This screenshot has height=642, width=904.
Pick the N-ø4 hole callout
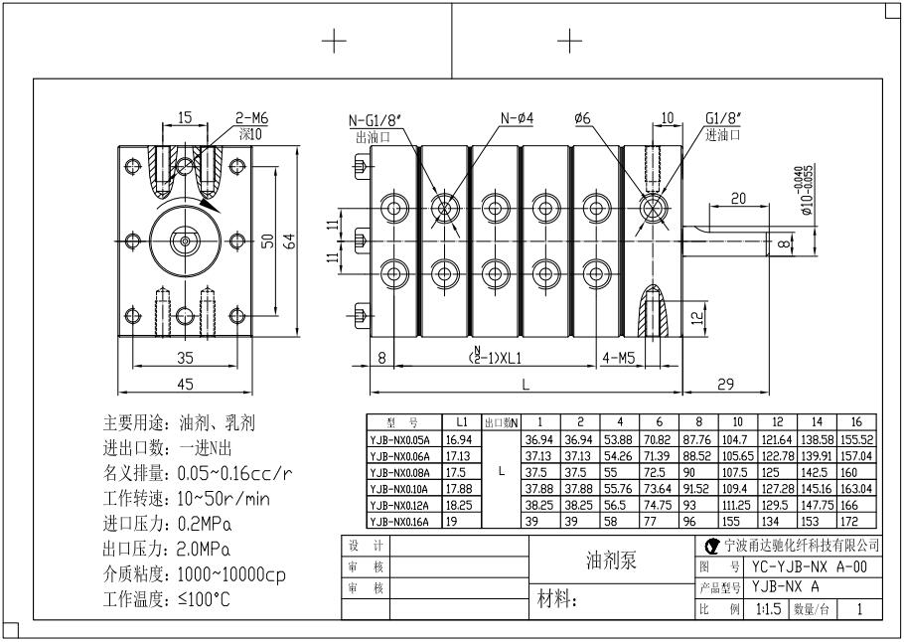point(518,118)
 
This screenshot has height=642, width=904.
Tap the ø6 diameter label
point(582,118)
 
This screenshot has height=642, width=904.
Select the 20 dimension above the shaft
point(738,199)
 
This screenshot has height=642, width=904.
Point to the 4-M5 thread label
point(618,355)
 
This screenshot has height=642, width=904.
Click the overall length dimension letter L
point(524,384)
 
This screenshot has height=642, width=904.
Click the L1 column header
point(462,422)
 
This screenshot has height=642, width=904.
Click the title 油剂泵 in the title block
point(611,560)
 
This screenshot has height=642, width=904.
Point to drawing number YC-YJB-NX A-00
point(810,565)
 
